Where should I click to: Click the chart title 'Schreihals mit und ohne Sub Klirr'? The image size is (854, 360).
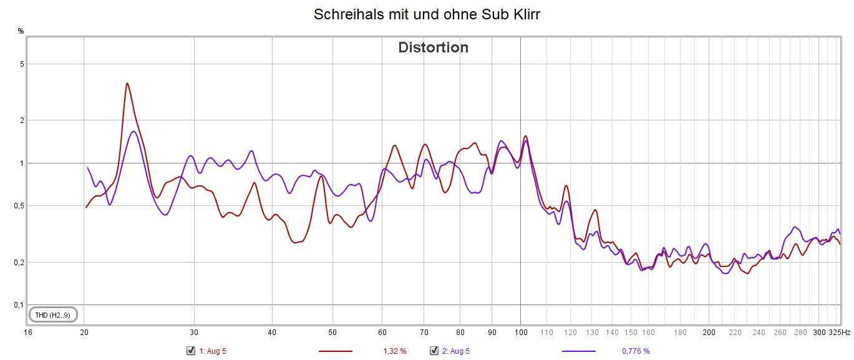tap(427, 14)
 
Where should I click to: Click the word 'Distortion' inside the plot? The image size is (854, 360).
tap(433, 47)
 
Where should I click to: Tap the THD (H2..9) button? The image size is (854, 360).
tap(53, 315)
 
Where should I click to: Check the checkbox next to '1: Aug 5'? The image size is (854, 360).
tap(191, 351)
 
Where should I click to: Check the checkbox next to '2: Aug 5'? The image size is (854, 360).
tap(434, 351)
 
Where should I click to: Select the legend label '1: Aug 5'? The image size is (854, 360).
tap(212, 351)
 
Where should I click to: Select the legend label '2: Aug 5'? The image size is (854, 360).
tap(455, 351)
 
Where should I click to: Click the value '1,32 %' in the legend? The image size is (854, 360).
tap(394, 351)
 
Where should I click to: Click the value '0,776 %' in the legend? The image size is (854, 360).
tap(636, 351)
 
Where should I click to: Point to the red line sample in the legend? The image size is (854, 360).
tap(336, 351)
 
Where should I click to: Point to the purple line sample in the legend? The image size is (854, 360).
tap(578, 351)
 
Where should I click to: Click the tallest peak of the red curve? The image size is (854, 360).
tap(127, 83)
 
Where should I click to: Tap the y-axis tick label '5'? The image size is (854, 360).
tap(21, 64)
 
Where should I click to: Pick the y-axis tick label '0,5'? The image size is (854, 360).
tap(19, 206)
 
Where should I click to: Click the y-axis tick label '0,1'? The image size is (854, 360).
tap(19, 305)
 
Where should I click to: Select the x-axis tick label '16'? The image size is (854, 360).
tap(27, 333)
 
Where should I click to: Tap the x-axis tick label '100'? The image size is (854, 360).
tap(520, 333)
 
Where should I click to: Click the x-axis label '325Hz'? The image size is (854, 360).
tap(839, 333)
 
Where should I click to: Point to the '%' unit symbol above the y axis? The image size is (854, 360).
tap(21, 30)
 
